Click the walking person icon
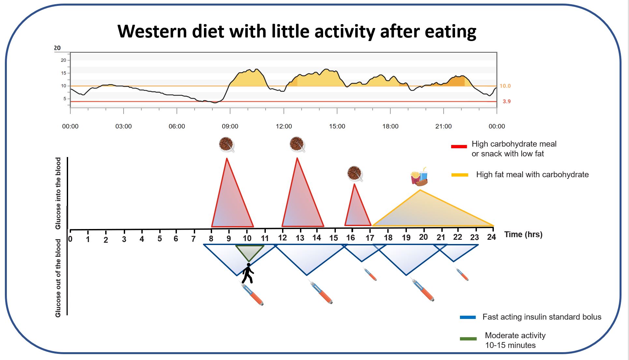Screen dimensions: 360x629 [x=248, y=273]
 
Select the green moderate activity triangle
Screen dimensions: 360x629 [x=249, y=252]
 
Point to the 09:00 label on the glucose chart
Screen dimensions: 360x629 [x=230, y=126]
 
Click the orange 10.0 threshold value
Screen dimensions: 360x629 [x=505, y=86]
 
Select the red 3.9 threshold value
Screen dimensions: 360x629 [x=507, y=102]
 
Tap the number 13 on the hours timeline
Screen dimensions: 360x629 [x=300, y=238]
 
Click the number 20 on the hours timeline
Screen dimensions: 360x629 [x=423, y=237]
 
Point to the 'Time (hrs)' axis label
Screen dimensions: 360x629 [x=523, y=235]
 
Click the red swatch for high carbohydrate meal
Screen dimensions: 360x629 [x=459, y=147]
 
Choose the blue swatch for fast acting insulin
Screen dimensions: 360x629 [x=468, y=317]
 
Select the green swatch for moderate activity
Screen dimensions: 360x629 [x=468, y=339]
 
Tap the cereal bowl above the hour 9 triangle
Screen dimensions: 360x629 [x=226, y=144]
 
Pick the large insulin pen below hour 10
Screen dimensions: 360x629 [x=252, y=294]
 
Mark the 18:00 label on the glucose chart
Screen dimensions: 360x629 [x=390, y=126]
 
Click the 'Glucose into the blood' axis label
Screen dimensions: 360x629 [x=58, y=193]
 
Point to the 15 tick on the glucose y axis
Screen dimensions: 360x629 [x=64, y=73]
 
